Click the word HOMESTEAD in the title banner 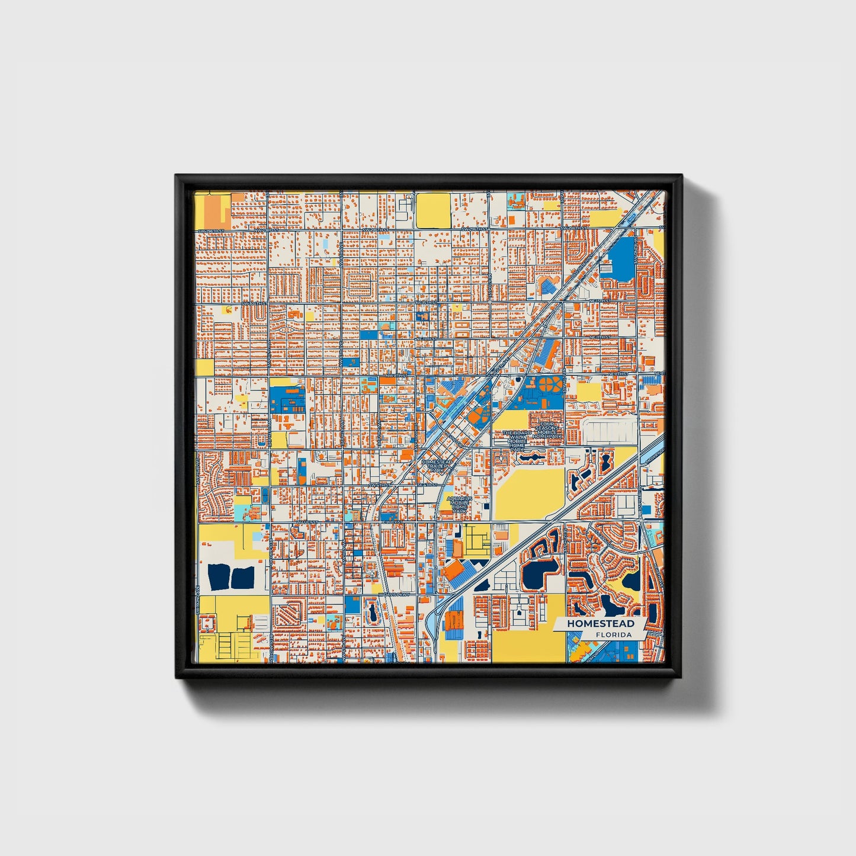600,624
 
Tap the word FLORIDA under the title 614,635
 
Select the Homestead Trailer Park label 437,466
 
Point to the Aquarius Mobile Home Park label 460,504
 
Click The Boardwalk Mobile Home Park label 517,441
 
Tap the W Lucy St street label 308,522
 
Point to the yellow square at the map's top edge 433,210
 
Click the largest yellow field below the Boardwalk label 529,493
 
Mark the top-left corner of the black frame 176,175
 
